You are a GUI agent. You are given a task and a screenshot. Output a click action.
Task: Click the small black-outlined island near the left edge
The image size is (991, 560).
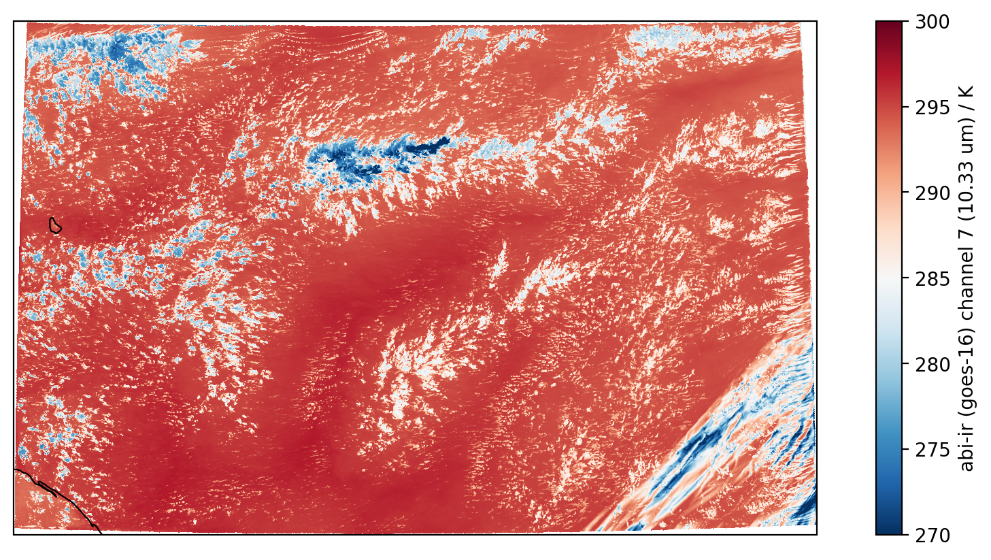tap(55, 225)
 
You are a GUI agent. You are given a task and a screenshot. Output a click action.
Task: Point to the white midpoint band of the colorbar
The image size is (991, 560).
tap(889, 279)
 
